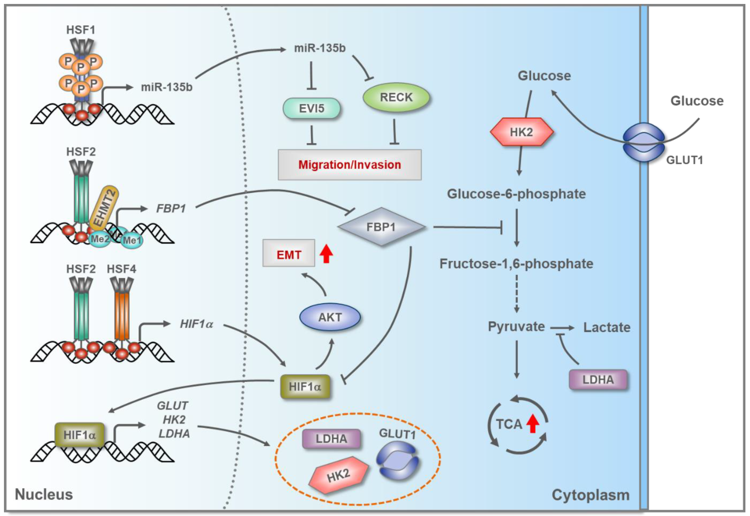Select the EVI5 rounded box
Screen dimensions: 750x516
click(x=312, y=108)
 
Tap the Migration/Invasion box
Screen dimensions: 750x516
click(x=350, y=165)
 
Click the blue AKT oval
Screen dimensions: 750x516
click(x=330, y=317)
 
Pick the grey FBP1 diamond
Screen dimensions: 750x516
click(x=381, y=227)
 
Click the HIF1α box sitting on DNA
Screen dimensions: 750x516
click(x=79, y=435)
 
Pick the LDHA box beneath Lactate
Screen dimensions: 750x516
click(x=598, y=379)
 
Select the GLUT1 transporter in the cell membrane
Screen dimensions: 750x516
click(x=644, y=142)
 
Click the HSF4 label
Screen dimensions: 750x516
click(x=121, y=269)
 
